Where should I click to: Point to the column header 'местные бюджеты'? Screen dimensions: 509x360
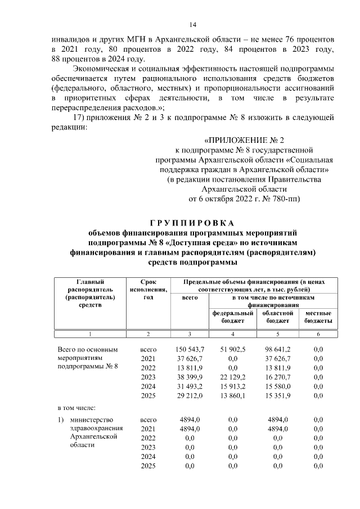(318, 317)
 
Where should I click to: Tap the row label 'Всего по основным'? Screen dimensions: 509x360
(88, 349)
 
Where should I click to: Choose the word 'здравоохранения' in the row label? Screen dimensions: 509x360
(93, 428)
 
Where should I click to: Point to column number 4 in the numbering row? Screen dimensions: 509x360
(232, 334)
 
